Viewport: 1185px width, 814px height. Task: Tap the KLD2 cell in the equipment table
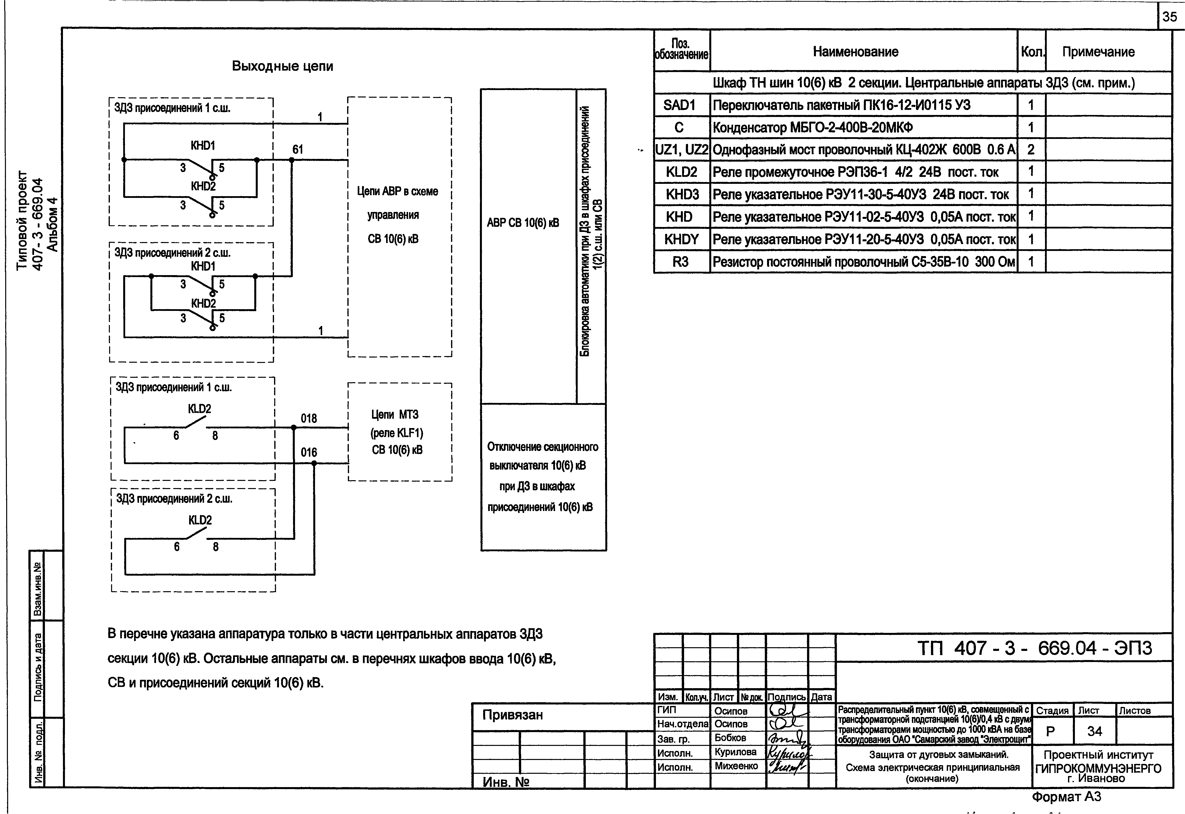coord(681,172)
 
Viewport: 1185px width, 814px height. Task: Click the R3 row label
coord(680,262)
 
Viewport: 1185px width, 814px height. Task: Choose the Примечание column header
coord(1098,52)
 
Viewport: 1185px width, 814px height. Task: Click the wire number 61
coord(297,150)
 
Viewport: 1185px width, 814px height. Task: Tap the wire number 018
coord(309,419)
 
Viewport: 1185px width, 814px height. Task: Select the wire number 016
coord(309,452)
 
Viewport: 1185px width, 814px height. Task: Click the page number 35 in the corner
coord(1169,17)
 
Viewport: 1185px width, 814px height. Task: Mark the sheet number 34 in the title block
coord(1095,731)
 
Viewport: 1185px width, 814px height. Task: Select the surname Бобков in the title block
coord(730,738)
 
